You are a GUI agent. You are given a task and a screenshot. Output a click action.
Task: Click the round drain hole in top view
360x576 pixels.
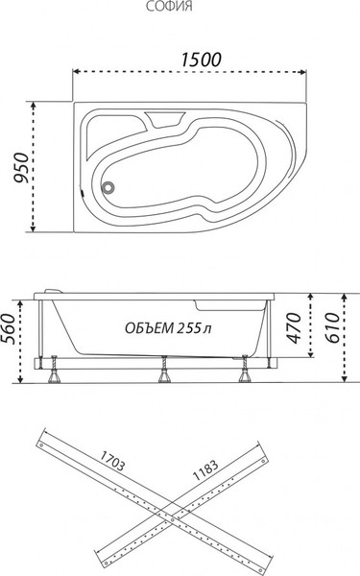point(108,189)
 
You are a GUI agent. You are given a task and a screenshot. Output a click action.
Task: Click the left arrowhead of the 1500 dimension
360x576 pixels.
point(78,72)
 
